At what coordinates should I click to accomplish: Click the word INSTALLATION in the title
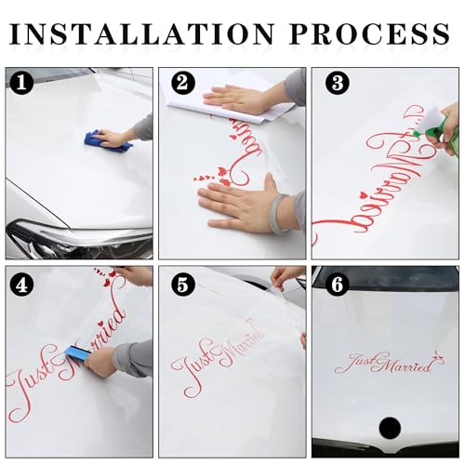(141, 33)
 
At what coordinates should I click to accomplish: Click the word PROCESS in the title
(369, 33)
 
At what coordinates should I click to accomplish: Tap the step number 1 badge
(21, 83)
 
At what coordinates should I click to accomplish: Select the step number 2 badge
(183, 83)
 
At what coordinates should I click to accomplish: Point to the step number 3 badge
(338, 83)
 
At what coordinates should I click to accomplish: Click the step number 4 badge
(21, 285)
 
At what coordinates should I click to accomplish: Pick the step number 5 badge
(183, 285)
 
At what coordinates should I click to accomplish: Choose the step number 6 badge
(338, 285)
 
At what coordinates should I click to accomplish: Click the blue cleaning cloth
(108, 142)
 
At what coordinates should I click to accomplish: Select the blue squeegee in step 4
(77, 352)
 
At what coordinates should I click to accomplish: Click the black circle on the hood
(390, 426)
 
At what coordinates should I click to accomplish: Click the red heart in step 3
(364, 195)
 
